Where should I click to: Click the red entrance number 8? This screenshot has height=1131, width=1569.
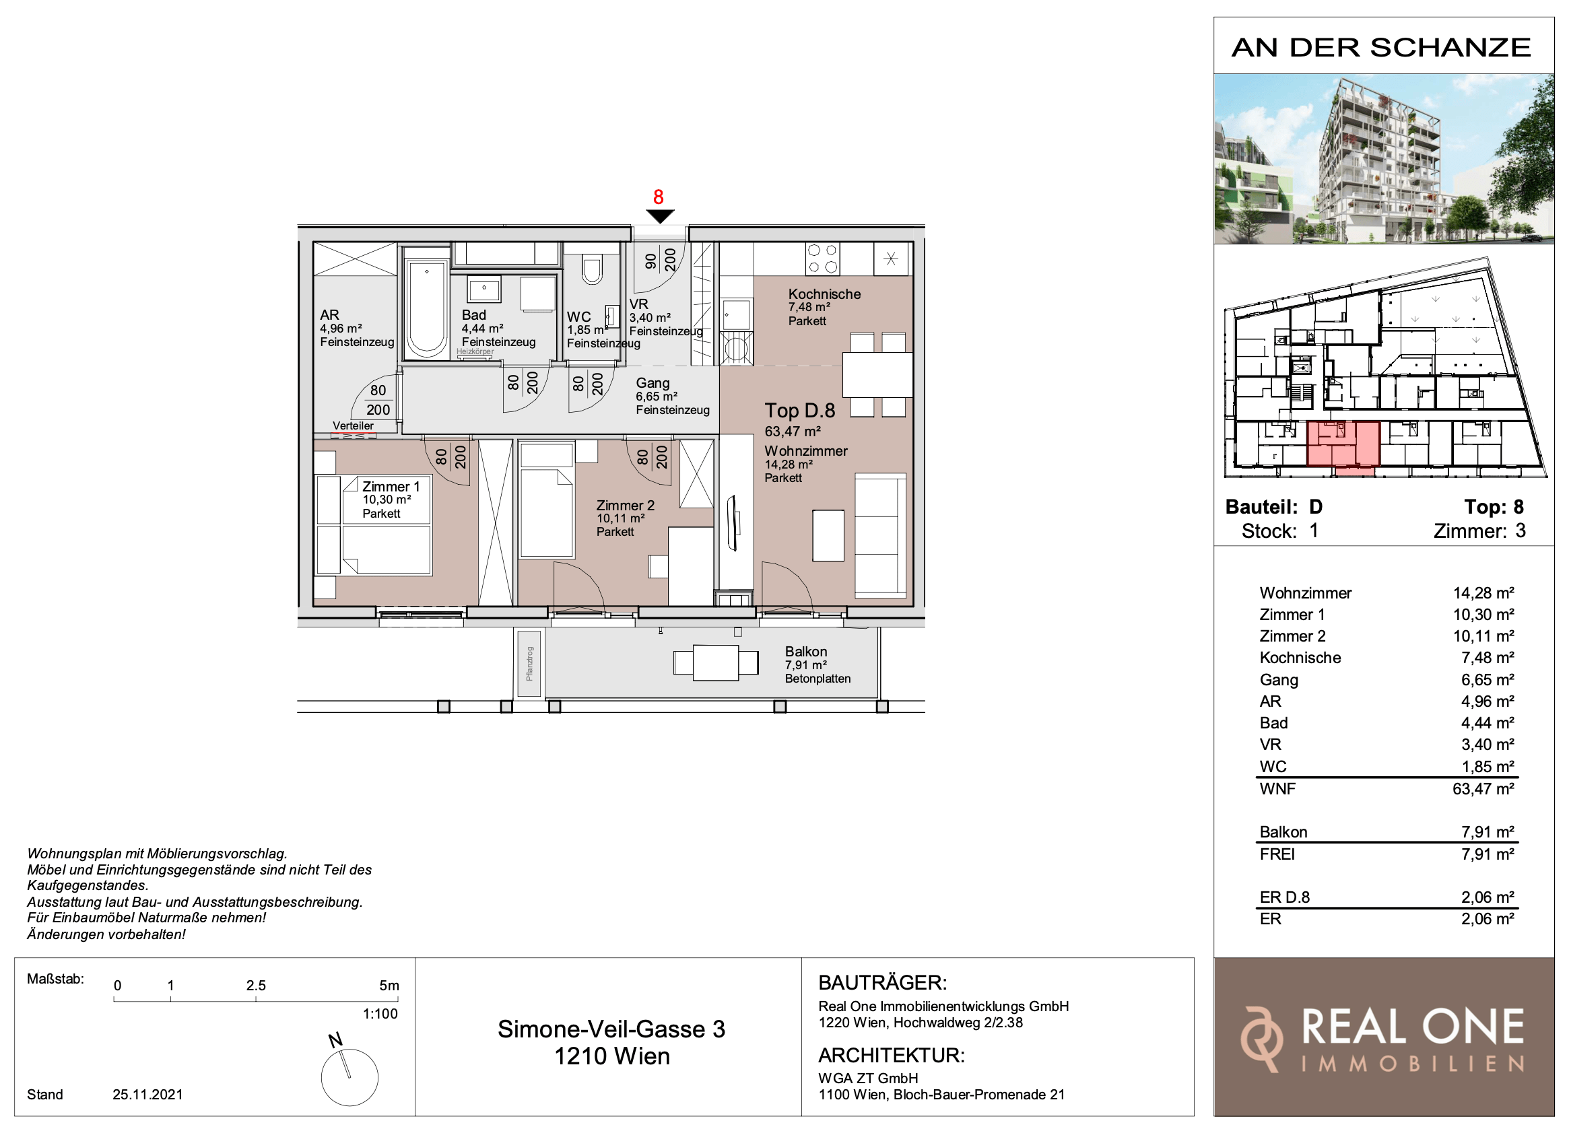[658, 197]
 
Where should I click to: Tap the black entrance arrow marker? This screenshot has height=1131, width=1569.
[660, 217]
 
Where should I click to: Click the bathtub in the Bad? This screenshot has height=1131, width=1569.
[426, 308]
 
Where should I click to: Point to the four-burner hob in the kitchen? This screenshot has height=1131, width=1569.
[823, 259]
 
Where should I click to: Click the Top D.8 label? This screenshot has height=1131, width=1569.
[800, 411]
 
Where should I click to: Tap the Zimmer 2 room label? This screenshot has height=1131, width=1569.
[625, 506]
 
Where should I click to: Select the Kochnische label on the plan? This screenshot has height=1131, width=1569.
[824, 294]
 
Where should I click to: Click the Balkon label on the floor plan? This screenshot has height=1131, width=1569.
[805, 652]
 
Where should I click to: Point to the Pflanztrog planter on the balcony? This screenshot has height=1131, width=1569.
[529, 662]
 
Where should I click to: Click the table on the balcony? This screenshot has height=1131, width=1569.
[716, 662]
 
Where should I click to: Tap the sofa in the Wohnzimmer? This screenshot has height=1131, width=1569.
[881, 535]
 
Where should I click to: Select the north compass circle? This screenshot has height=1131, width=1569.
[349, 1077]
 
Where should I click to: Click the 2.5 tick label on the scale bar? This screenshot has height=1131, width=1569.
[256, 986]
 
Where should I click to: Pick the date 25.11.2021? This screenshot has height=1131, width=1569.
[147, 1095]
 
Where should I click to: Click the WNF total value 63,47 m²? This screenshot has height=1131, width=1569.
[1483, 788]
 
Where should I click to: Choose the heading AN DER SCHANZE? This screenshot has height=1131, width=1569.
[1381, 48]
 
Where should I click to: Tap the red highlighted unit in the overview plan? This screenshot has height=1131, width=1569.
[1343, 445]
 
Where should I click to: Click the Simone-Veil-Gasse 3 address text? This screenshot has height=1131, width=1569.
[611, 1029]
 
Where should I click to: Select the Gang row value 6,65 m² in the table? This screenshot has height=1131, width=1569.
[1488, 680]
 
